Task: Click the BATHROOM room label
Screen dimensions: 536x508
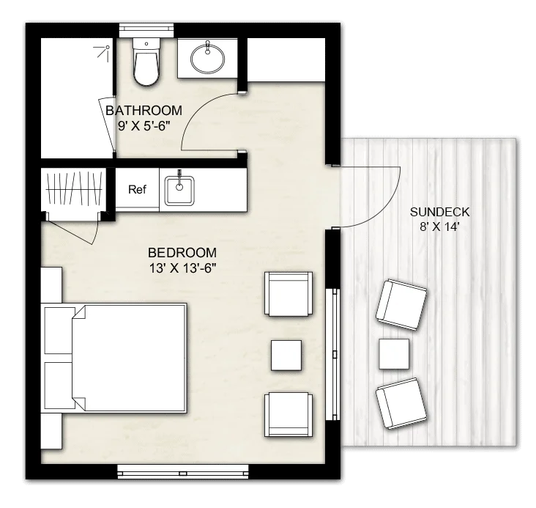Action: (x=144, y=111)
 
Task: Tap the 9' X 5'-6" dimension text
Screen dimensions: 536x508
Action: (x=144, y=126)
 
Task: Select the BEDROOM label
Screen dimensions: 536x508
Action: (x=182, y=253)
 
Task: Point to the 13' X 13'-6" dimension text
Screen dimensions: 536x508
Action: (x=182, y=268)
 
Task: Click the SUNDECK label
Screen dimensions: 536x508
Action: (x=439, y=213)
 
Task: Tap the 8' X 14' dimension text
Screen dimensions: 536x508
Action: (x=439, y=227)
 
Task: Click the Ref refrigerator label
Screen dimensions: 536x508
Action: (x=137, y=189)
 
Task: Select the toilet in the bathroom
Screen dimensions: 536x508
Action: (x=146, y=62)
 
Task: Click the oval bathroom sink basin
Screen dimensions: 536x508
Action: (x=207, y=58)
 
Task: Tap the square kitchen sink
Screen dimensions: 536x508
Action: (x=179, y=191)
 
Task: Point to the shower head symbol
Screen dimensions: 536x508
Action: (x=103, y=53)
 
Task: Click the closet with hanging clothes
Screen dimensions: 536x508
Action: (x=73, y=190)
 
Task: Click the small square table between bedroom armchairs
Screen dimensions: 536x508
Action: (x=286, y=356)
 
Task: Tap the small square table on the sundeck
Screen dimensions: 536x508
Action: (x=394, y=354)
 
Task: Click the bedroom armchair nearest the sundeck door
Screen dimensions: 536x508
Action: (x=289, y=294)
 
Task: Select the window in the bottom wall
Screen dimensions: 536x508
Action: (x=183, y=471)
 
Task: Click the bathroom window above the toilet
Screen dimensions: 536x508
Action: (x=146, y=30)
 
